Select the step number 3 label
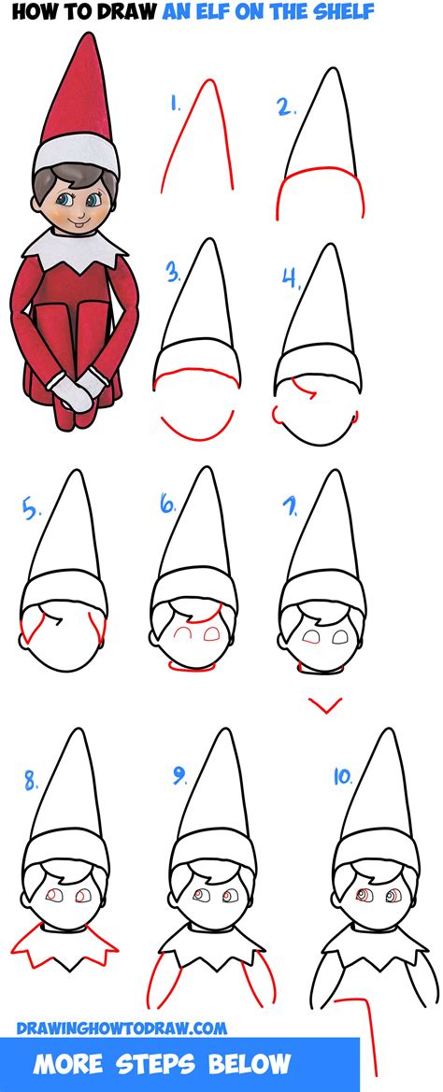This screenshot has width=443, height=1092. tap(173, 275)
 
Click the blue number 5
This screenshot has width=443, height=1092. tap(31, 511)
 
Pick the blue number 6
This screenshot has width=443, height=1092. tap(168, 505)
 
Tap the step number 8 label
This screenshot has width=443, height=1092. tap(32, 781)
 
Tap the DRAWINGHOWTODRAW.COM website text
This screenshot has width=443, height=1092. tap(121, 1028)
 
